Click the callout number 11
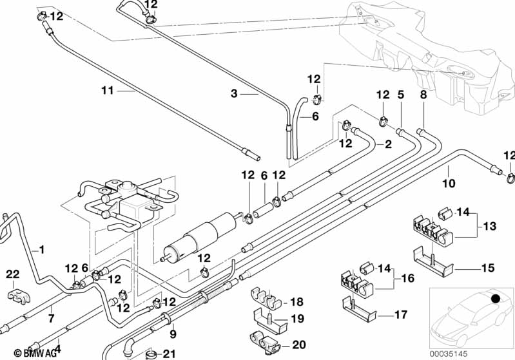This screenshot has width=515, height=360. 107,91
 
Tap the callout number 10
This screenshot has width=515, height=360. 449,184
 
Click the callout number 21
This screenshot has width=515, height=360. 169,353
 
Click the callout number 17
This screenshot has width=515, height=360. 400,315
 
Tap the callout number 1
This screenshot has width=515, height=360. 42,249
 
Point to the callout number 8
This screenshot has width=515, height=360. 423,95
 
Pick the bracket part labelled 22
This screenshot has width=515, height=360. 14,296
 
